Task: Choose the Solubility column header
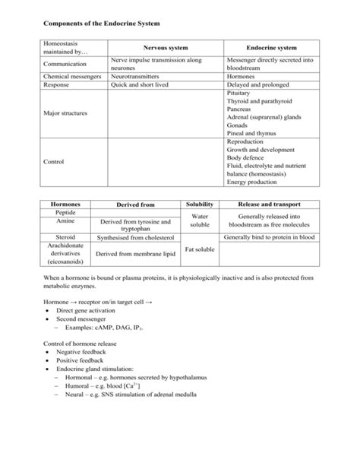[x=200, y=204]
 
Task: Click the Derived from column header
[x=135, y=205]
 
